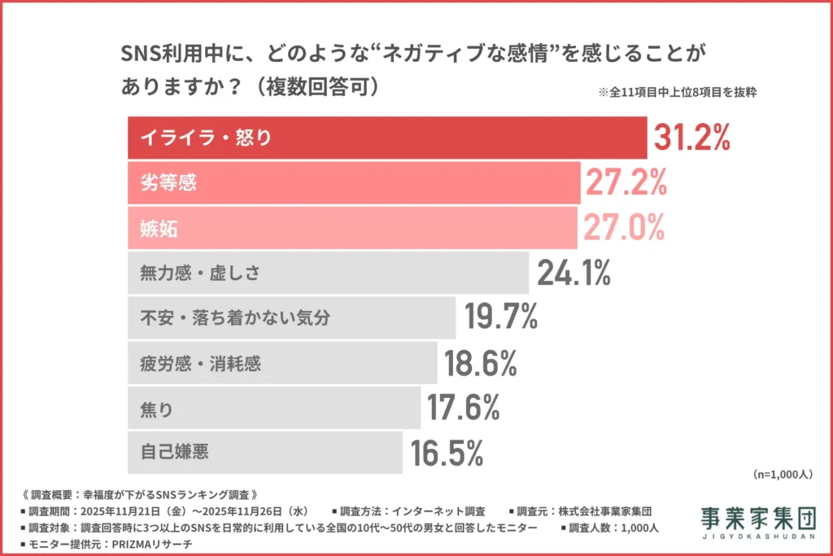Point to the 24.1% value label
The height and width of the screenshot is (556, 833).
pyautogui.click(x=574, y=274)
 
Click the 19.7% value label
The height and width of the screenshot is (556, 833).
pyautogui.click(x=500, y=317)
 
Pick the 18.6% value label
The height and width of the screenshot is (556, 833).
pyautogui.click(x=481, y=363)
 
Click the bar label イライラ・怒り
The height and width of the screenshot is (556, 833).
pyautogui.click(x=206, y=138)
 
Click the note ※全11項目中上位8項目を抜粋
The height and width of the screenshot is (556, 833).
pyautogui.click(x=677, y=92)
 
